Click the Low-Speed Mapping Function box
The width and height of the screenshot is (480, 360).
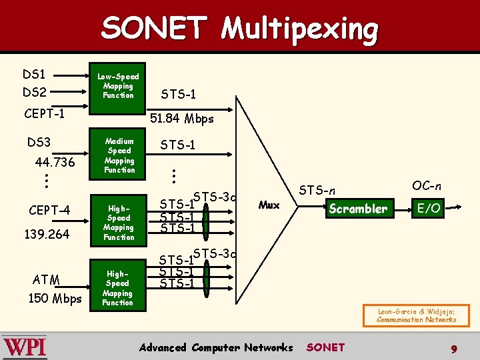coord(118,86)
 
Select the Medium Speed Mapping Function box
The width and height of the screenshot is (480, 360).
coord(119,155)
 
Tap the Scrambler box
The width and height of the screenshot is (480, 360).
coord(357,209)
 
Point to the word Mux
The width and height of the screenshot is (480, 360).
coord(269,205)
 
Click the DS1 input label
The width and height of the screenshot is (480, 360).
coord(35,74)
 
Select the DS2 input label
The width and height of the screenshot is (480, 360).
coord(35,92)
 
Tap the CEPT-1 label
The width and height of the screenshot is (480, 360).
coord(44,113)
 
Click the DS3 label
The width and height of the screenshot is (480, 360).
coord(39,142)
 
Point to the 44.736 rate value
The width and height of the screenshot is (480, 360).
coord(55,163)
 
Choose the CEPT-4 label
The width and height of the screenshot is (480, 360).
coord(49,211)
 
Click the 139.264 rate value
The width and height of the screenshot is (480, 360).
coord(47,234)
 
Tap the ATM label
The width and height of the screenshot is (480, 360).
coord(46,279)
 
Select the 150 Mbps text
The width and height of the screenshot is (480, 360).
coord(55,298)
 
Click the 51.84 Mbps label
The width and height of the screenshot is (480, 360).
coord(182,119)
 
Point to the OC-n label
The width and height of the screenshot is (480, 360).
coord(427,185)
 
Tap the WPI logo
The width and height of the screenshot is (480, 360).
coord(25,347)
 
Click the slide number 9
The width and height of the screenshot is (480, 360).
coord(453,348)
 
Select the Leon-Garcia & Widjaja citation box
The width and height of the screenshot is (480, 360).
coord(417,315)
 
